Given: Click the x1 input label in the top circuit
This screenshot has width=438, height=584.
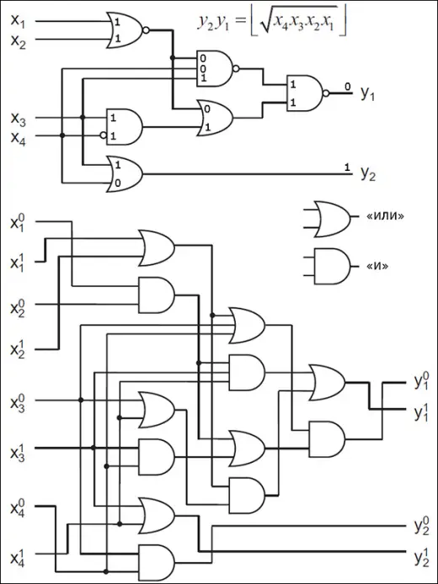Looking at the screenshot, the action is (x=18, y=21).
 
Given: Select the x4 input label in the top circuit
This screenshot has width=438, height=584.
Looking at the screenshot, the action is (x=19, y=138).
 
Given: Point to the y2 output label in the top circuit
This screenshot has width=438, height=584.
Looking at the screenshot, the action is (x=368, y=173).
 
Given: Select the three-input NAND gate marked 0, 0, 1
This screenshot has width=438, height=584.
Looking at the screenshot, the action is (x=217, y=68).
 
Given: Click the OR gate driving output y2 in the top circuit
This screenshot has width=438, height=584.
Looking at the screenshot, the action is (x=125, y=174).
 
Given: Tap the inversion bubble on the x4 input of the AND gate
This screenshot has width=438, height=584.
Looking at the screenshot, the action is (x=103, y=135).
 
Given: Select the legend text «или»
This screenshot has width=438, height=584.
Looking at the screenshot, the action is (x=385, y=216).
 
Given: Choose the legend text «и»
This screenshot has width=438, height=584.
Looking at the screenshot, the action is (x=377, y=266).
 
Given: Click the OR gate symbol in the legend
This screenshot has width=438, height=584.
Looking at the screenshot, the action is (x=328, y=219).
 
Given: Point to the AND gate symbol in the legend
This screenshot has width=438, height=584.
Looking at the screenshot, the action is (x=328, y=266).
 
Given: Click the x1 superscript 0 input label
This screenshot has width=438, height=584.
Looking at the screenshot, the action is (x=18, y=224).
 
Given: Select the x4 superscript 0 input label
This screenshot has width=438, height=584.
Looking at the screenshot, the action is (x=18, y=507).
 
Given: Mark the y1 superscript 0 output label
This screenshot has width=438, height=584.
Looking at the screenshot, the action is (x=422, y=382).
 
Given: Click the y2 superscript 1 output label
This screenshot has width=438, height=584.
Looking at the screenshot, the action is (x=422, y=558).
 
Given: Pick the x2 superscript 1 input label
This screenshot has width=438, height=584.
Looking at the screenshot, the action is (x=18, y=350).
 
